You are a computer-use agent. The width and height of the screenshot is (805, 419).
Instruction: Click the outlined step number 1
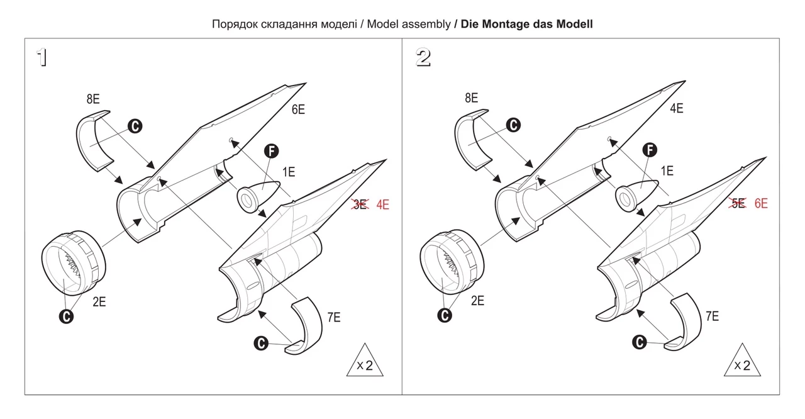(x=42, y=58)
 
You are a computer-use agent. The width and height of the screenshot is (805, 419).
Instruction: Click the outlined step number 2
(x=423, y=58)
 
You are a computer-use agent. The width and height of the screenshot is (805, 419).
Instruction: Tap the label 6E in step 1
(x=298, y=109)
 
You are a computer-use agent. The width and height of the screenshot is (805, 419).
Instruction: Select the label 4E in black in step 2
(x=676, y=108)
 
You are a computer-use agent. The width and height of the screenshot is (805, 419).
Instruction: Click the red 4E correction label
(x=382, y=204)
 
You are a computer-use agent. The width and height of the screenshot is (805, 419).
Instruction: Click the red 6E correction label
(x=760, y=203)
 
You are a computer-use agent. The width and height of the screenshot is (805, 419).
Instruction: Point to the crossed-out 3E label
(x=360, y=204)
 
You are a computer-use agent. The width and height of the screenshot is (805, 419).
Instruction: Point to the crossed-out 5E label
(x=738, y=203)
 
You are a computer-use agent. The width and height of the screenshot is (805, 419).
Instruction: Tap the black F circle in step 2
(x=650, y=150)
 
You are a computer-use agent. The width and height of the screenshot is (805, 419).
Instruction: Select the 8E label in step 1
(x=93, y=99)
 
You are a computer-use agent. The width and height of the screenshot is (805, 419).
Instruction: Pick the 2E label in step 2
(x=477, y=301)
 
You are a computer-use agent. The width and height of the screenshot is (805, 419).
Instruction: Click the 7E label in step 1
(x=333, y=317)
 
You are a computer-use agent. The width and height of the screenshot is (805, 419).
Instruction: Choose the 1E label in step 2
(x=667, y=170)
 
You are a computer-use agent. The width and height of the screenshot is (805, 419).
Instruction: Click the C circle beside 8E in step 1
(x=135, y=126)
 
